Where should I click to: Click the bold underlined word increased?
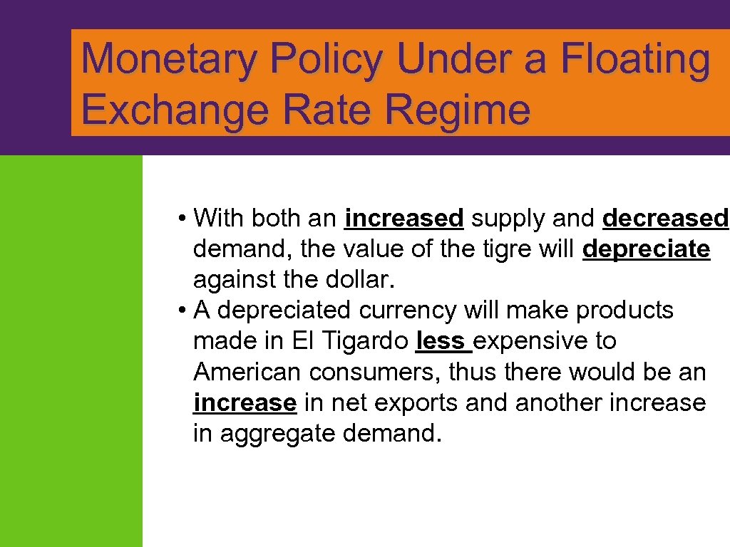point(404,218)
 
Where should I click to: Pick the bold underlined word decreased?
point(666,218)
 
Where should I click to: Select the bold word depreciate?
point(647,249)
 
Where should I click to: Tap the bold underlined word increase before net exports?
point(245,402)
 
